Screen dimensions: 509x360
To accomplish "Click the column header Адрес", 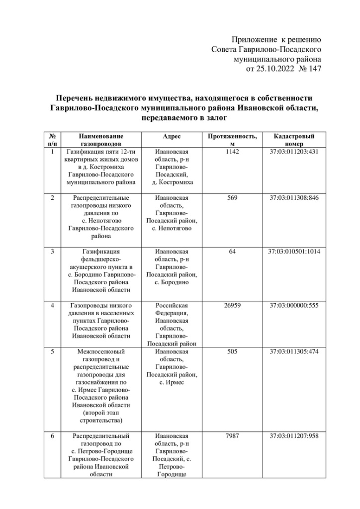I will (x=172, y=136).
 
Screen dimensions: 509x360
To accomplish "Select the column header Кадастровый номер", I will (x=294, y=139).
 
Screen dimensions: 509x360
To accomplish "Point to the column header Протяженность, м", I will (x=232, y=139).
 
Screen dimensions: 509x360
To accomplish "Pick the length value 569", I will (x=232, y=198).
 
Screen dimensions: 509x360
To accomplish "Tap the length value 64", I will (x=232, y=252).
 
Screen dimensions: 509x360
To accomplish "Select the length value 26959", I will (x=232, y=305).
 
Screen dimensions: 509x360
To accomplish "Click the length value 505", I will (x=232, y=351).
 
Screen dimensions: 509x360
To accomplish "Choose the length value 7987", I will (x=232, y=435).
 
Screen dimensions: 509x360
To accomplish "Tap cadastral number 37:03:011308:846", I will (x=294, y=198).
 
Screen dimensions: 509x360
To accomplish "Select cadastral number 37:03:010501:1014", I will (x=294, y=252).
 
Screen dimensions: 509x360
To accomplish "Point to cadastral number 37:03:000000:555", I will (x=294, y=305).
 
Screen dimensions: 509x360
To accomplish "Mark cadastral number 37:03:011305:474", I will (x=294, y=351).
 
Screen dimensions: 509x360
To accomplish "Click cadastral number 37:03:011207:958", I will (x=294, y=435).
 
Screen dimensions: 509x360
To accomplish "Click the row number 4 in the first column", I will (x=52, y=305).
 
